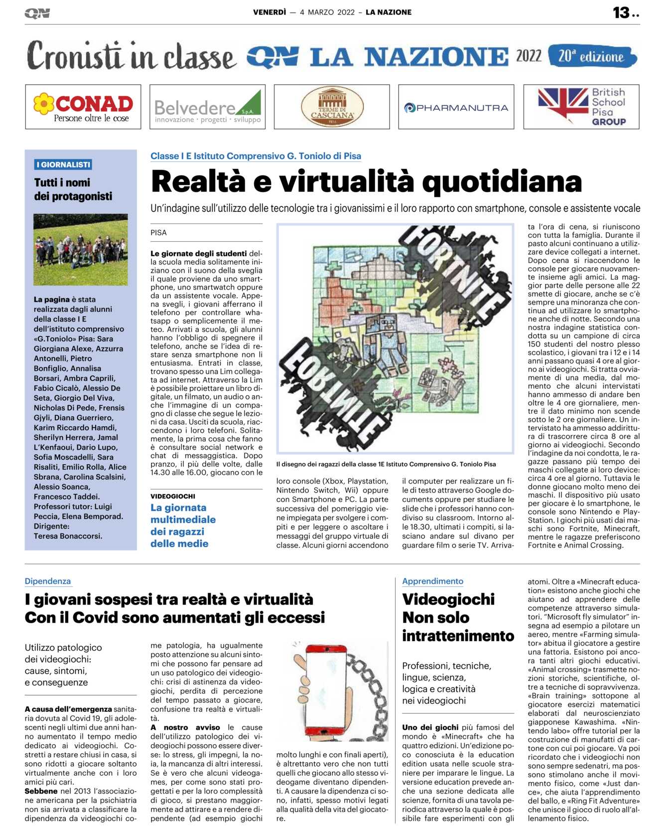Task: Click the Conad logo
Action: (83, 107)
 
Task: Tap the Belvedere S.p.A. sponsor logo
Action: (207, 107)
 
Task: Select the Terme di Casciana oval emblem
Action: (332, 107)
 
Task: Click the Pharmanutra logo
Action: (456, 107)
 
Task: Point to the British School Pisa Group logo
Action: (581, 107)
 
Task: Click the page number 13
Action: (621, 12)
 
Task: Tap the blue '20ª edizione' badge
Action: (592, 56)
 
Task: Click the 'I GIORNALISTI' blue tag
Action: (63, 165)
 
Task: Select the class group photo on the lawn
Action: (80, 249)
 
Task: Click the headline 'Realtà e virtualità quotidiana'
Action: (366, 181)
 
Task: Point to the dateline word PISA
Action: (158, 232)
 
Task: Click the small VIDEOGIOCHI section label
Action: (173, 496)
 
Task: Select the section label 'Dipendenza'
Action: (48, 581)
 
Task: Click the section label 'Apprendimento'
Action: (432, 581)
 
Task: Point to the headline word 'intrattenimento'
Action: (458, 636)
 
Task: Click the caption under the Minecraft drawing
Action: (386, 464)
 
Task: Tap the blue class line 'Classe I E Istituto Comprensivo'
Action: (256, 156)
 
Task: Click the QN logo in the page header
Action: (37, 13)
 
